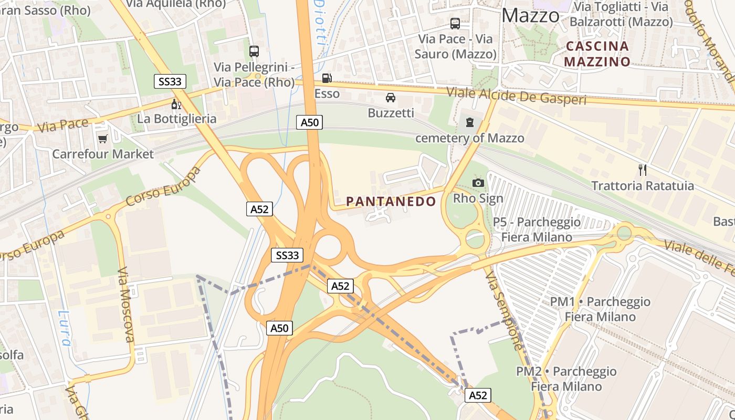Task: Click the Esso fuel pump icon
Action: point(327,78)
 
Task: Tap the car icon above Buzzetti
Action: point(391,97)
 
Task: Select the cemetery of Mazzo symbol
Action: point(469,122)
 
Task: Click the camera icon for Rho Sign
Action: point(478,183)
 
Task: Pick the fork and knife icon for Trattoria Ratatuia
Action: point(642,170)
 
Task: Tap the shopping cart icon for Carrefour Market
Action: point(102,139)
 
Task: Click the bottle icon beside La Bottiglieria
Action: point(176,104)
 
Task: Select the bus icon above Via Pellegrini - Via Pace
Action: point(254,51)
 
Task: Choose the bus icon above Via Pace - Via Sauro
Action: point(455,23)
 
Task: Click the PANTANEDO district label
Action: point(391,202)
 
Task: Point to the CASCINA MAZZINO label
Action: point(597,54)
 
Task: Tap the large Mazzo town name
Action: point(530,16)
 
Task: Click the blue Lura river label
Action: point(64,329)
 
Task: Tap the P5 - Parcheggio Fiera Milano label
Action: point(537,229)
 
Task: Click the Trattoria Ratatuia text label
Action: point(643,186)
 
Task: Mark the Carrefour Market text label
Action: point(103,154)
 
